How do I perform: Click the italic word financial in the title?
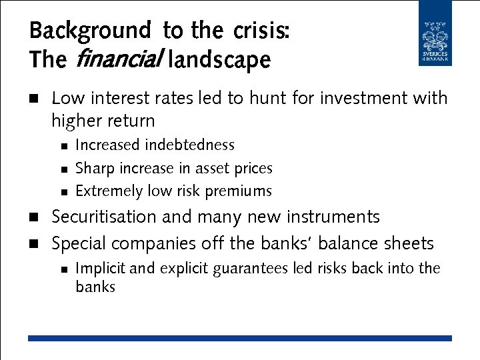coord(116,60)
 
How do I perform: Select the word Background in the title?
coord(91,31)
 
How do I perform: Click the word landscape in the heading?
coord(220,60)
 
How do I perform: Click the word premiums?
coord(239,191)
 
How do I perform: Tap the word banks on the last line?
coord(95,287)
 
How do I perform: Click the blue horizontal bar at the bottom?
coord(239,339)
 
